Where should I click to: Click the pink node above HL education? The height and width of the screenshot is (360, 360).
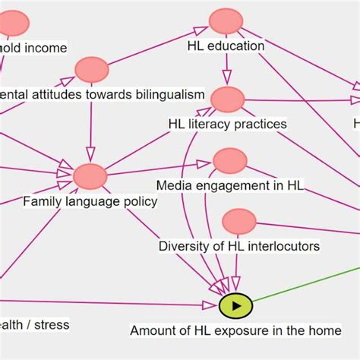(x=226, y=21)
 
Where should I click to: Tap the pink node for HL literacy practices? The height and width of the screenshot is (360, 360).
(x=227, y=99)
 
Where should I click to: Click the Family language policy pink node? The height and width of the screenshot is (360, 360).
(x=90, y=176)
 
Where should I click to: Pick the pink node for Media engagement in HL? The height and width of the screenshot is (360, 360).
(x=230, y=160)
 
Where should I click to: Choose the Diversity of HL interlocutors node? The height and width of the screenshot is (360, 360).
(x=239, y=221)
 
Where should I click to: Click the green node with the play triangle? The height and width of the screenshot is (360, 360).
(x=235, y=305)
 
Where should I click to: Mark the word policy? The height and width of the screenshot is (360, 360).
(x=140, y=201)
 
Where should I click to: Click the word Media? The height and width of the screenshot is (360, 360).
(x=173, y=185)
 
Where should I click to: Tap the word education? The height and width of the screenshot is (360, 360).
(x=236, y=46)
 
